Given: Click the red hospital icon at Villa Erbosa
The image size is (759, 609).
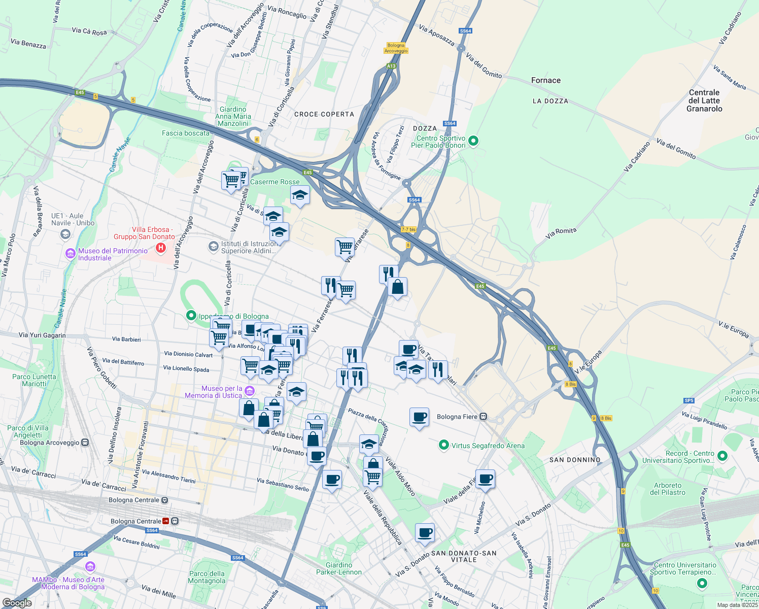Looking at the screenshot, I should coord(161,248).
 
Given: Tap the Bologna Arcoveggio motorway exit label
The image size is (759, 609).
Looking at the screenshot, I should coord(396,48).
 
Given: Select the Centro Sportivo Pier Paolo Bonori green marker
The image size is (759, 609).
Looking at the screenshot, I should coord(473,141).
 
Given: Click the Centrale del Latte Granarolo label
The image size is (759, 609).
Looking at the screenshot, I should coord(704,100).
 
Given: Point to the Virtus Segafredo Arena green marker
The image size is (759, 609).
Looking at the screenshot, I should coord(444,446).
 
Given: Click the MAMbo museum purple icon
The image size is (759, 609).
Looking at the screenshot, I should coord(90,566).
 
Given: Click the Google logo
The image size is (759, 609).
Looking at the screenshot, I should coord(17,603).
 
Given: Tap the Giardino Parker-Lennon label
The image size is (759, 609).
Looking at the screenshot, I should coord(339,568).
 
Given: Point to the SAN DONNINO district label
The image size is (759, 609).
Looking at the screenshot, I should coord(575,460).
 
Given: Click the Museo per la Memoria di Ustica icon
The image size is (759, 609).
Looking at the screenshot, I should coord(249,391).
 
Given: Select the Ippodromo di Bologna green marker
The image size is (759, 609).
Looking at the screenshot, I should coord(191,316).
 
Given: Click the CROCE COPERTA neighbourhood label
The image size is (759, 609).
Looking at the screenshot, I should coord(324,114).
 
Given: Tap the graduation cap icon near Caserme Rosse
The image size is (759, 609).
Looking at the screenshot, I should coord(300,195).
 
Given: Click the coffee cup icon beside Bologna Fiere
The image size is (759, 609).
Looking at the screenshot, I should coord(419,417).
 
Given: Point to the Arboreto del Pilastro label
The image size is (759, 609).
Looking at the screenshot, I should coord(668,489).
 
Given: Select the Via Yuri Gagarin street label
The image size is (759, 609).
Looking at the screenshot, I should coord(42,335).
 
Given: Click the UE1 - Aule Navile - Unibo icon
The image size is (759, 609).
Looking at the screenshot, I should coord(65,234).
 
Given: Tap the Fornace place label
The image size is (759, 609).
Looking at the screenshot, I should coord(546,80).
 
